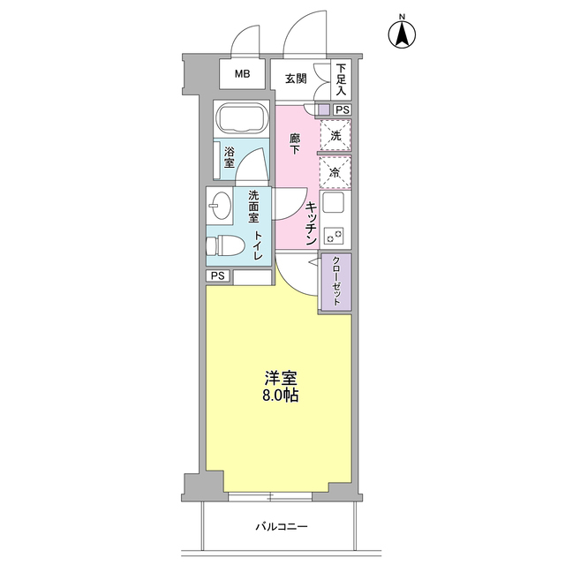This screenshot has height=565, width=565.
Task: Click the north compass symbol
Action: point(402,34)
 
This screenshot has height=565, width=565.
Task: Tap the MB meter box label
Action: point(242,75)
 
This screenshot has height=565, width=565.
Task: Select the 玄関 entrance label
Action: point(296,78)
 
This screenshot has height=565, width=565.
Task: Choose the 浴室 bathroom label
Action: point(230,157)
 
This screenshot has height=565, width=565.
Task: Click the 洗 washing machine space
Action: point(335,136)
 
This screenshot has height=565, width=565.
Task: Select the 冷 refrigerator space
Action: point(335,172)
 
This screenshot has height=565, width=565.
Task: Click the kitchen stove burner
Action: point(335,236)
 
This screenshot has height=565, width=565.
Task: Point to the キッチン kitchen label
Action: point(313,222)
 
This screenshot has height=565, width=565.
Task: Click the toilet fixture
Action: point(223,245)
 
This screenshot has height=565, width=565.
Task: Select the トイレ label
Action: point(258,245)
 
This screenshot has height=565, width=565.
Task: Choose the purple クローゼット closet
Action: point(335,282)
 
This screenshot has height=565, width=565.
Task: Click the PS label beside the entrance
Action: point(342,109)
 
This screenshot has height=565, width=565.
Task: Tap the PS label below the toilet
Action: point(218,276)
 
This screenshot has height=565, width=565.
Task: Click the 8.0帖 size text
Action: point(278,395)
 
